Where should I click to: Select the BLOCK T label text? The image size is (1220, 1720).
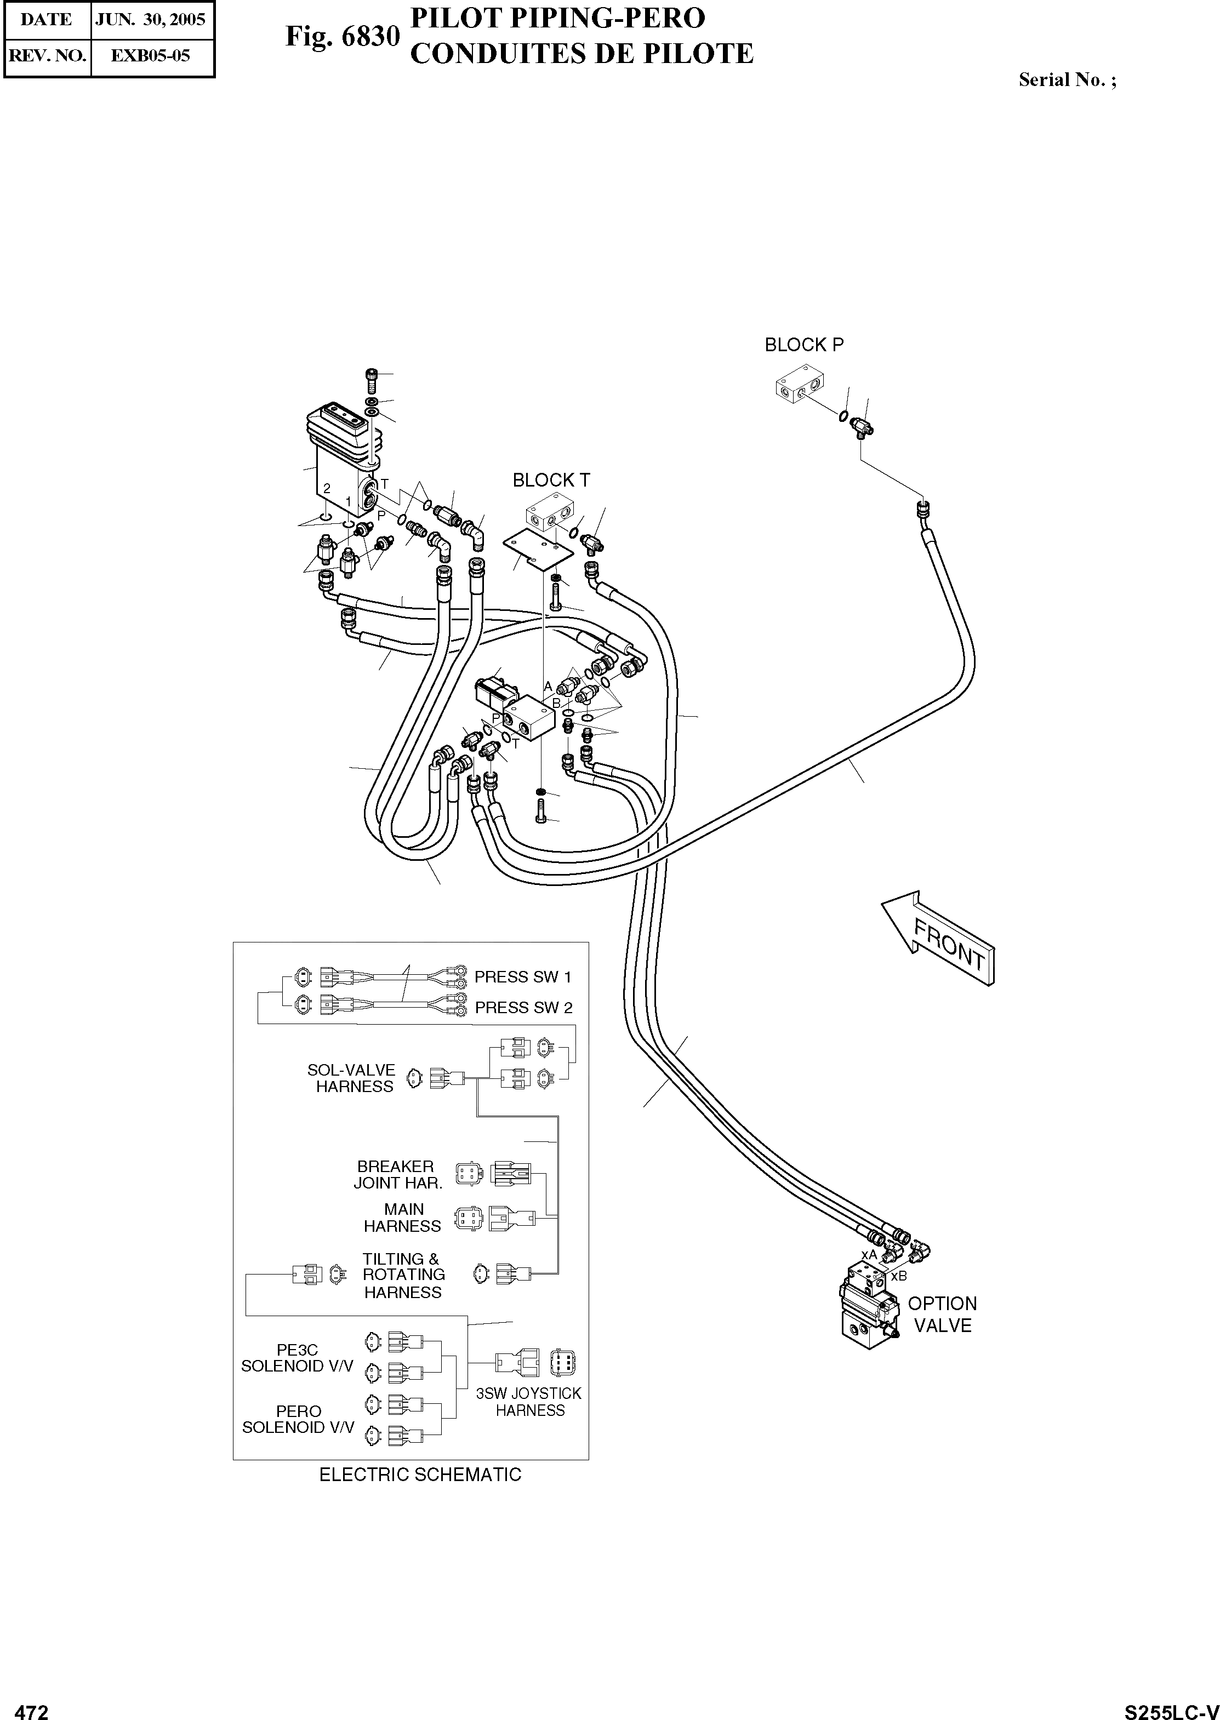[x=551, y=480]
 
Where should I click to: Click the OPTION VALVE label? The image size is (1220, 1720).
[x=942, y=1315]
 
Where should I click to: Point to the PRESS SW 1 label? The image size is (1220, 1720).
[x=523, y=977]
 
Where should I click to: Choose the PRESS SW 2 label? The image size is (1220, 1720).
[x=523, y=1008]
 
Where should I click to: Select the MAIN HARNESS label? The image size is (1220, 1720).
[x=403, y=1218]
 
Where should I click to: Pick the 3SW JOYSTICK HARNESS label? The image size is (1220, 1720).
[x=529, y=1402]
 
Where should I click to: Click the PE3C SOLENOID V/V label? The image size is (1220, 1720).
[x=298, y=1358]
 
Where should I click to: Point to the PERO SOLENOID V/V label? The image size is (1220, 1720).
[x=298, y=1420]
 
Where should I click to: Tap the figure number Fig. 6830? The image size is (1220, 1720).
[x=342, y=35]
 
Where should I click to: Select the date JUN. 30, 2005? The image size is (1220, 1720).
[x=151, y=20]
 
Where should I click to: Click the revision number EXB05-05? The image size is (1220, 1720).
[x=151, y=55]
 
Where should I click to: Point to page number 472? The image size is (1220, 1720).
[x=32, y=1706]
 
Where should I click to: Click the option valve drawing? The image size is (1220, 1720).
[x=870, y=1305]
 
